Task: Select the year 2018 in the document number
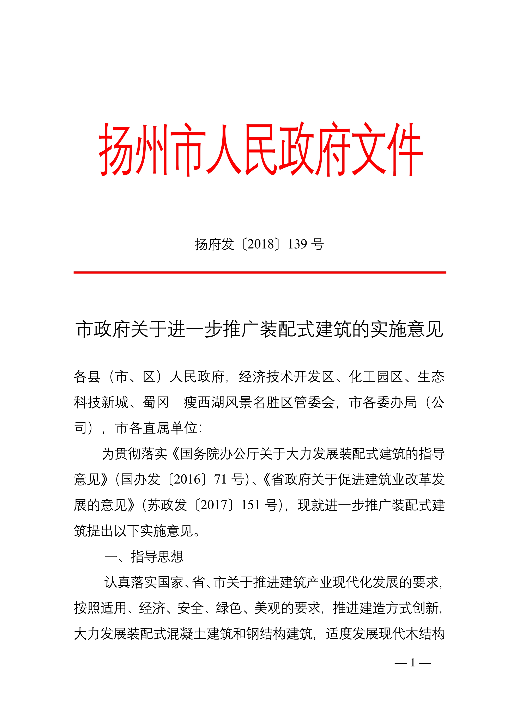click(x=261, y=244)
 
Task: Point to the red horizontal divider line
click(x=260, y=272)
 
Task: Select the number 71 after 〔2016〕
click(x=220, y=480)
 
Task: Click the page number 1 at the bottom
click(x=412, y=662)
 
